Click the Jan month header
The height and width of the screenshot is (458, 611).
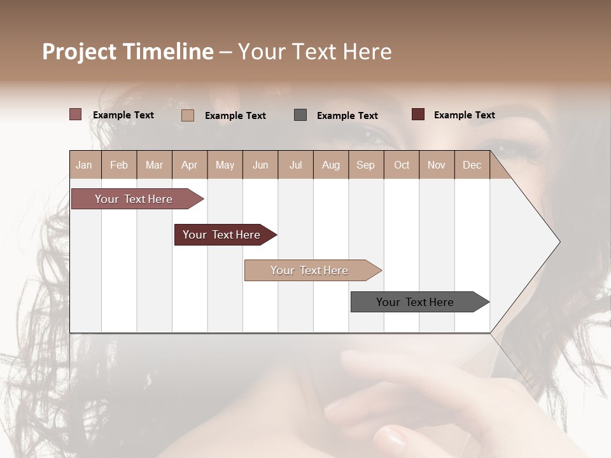click(84, 165)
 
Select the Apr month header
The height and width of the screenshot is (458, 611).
click(189, 165)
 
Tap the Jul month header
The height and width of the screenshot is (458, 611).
click(295, 165)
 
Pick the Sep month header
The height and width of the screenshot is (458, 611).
click(365, 165)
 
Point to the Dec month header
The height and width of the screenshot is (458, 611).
click(472, 165)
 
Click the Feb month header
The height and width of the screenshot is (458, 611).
click(119, 165)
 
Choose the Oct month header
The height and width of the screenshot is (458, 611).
click(402, 165)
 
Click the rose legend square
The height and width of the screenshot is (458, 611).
click(75, 114)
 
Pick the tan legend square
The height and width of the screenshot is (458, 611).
click(188, 115)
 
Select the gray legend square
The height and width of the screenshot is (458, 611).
click(300, 114)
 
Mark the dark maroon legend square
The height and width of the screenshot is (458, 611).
click(418, 114)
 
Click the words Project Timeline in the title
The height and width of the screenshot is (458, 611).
click(127, 52)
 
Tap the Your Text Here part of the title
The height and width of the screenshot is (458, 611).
click(314, 52)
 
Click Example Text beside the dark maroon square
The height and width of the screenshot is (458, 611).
click(464, 115)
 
